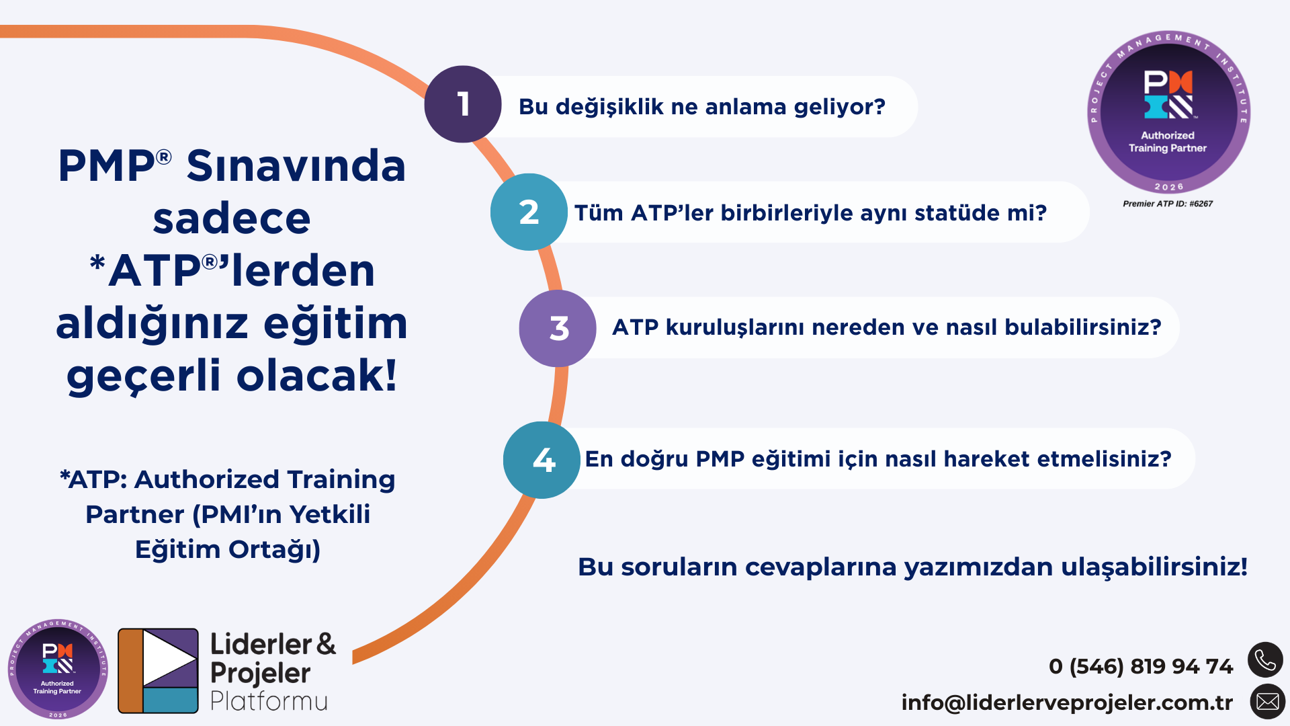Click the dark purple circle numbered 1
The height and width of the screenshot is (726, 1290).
coord(463,104)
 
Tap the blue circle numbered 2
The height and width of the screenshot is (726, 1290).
coord(529,212)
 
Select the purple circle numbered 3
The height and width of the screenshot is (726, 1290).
coord(558,329)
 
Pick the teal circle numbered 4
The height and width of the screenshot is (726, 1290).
coord(542,460)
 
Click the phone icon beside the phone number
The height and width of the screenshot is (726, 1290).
coord(1266,660)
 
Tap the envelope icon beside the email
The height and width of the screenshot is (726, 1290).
coord(1268,702)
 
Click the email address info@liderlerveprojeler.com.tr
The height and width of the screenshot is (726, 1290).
coord(1067,702)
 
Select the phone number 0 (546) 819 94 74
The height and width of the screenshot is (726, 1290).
coord(1141,666)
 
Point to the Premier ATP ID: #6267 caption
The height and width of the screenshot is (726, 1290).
coord(1168,204)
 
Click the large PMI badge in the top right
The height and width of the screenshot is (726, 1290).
coord(1168,112)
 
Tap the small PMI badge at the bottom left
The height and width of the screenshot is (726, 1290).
coord(58,669)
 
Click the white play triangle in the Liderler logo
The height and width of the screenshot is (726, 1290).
coord(168,657)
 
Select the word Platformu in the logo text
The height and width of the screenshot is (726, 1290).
coord(269,701)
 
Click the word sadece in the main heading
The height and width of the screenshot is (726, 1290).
coord(232,218)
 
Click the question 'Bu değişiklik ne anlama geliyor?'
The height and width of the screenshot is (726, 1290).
coord(702,107)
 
